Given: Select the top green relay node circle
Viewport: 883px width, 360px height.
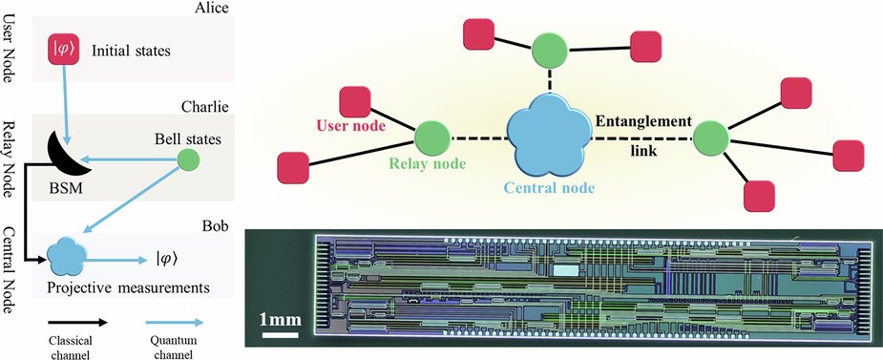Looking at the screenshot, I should click(551, 49).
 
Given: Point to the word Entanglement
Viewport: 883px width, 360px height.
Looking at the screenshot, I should click(642, 121).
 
